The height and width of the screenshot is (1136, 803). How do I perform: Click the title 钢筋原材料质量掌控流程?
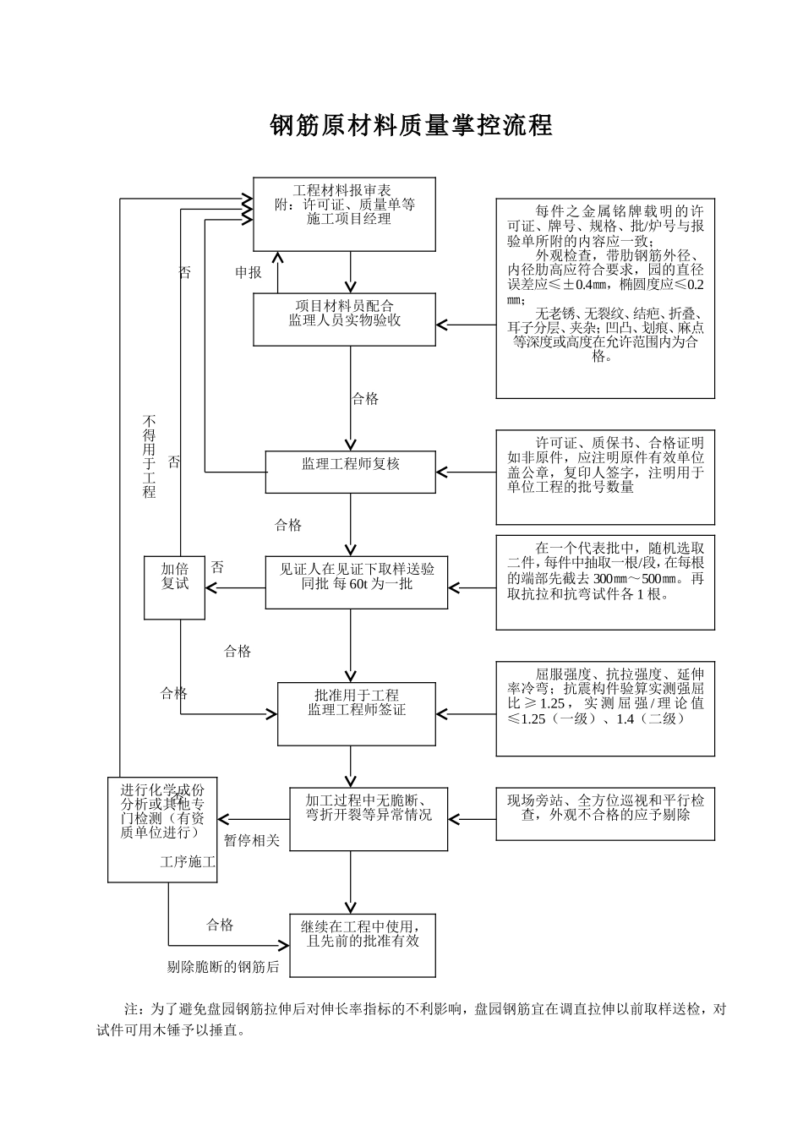[x=411, y=125]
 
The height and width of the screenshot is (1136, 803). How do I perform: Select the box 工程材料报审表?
[x=344, y=214]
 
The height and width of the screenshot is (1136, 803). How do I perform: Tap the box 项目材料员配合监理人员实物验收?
[x=344, y=319]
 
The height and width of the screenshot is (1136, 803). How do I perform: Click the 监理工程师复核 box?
[x=351, y=471]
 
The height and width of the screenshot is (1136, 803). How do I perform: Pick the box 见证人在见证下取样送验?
[x=356, y=582]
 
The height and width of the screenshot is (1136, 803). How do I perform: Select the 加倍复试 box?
[x=174, y=587]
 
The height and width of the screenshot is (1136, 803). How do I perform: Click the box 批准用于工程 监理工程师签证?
[x=356, y=713]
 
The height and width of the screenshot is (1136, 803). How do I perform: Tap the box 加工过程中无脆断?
[x=369, y=818]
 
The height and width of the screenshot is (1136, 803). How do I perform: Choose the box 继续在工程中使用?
[x=363, y=944]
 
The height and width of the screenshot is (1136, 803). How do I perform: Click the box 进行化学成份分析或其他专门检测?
[x=162, y=828]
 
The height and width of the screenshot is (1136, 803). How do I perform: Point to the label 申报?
[x=249, y=272]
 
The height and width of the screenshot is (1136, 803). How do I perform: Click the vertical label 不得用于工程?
[x=150, y=456]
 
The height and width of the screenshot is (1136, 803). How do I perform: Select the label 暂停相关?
[x=252, y=841]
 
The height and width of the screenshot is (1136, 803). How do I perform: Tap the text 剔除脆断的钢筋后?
[x=223, y=967]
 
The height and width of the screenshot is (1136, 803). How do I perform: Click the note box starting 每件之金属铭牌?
[x=604, y=298]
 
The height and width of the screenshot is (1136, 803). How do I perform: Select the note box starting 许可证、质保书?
[x=604, y=477]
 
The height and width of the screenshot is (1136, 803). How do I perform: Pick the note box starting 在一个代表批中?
[x=604, y=582]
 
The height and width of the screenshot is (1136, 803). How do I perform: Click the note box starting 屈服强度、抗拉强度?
[x=604, y=708]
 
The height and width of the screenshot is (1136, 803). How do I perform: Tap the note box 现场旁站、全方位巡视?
[x=604, y=813]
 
